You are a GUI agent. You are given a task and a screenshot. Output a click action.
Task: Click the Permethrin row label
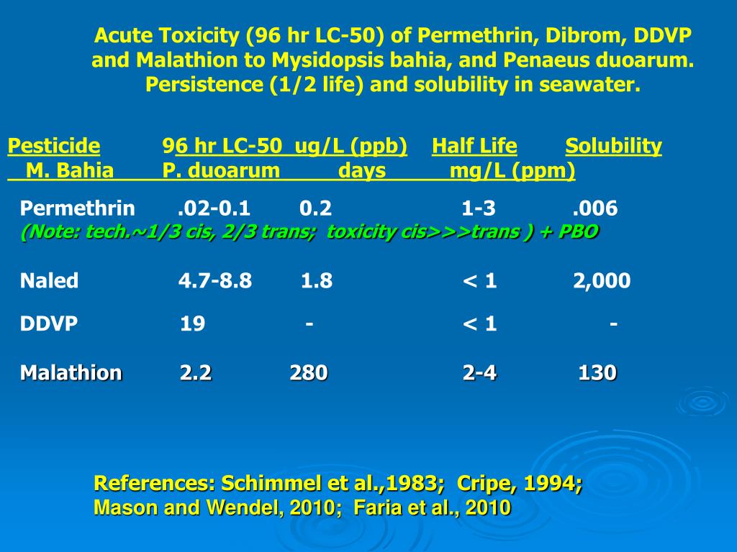point(77,209)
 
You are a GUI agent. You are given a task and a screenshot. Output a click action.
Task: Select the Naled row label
point(49,280)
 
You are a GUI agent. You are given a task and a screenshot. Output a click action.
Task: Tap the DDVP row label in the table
point(49,324)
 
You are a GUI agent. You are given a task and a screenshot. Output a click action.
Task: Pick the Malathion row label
point(71,373)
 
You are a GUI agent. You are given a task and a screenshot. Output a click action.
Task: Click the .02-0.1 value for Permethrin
point(214,209)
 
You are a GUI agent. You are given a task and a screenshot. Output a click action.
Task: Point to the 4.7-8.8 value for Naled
point(215,280)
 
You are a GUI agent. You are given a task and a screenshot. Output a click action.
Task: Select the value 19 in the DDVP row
point(192,324)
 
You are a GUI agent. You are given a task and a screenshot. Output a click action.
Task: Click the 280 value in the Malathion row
point(309,373)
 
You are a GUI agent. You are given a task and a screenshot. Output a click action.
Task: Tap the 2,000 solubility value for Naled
point(602,280)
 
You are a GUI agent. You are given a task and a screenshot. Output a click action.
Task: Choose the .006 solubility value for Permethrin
point(595,209)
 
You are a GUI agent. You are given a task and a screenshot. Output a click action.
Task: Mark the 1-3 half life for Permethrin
point(479,209)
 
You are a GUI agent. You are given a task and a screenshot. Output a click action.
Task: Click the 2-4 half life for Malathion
point(479,373)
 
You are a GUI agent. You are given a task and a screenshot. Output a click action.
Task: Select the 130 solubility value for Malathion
point(597,373)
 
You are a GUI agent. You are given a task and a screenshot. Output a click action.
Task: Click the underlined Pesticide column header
point(54,147)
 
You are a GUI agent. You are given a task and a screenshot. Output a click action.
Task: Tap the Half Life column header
point(474,147)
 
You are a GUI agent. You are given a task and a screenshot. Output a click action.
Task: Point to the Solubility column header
point(613,147)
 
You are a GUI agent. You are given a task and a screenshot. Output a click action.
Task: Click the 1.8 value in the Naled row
point(316,280)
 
